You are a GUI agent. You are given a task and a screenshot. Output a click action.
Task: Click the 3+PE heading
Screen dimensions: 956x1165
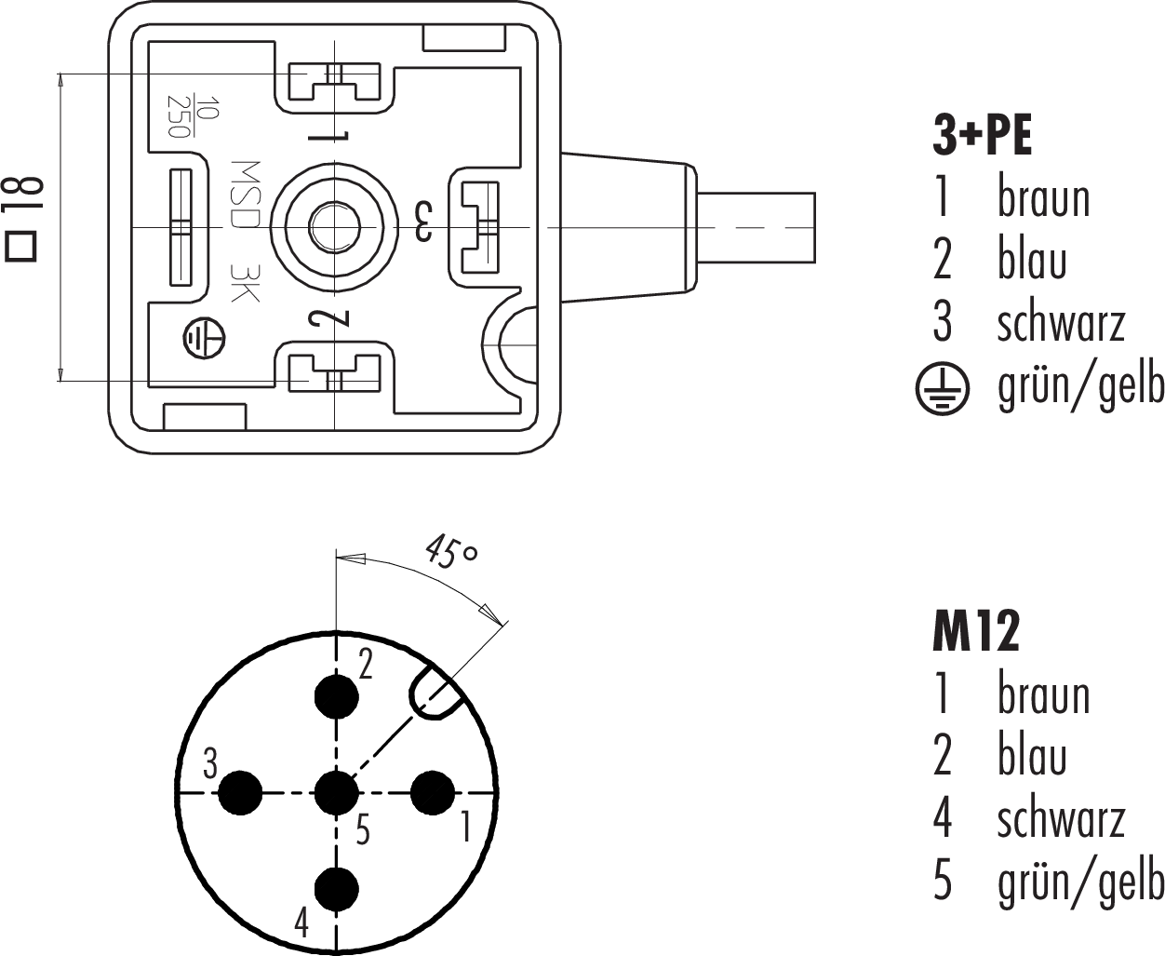pos(982,136)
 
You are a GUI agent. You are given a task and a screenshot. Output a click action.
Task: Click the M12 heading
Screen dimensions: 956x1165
pos(975,633)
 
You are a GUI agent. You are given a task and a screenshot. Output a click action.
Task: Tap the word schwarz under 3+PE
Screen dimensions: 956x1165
pos(1061,321)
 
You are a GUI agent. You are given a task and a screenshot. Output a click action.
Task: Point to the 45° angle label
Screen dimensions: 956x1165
pos(451,551)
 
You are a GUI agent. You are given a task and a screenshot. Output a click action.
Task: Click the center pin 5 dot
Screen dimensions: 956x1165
pos(336,793)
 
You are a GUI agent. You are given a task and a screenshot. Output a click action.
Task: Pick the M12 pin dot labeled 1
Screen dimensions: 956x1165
pos(433,793)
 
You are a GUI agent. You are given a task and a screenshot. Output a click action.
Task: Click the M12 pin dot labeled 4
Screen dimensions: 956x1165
pos(336,889)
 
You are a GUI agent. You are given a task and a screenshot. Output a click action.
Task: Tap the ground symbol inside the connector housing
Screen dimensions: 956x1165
pos(203,338)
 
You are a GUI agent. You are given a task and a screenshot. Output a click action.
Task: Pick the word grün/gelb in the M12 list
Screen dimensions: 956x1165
pos(1079,881)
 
